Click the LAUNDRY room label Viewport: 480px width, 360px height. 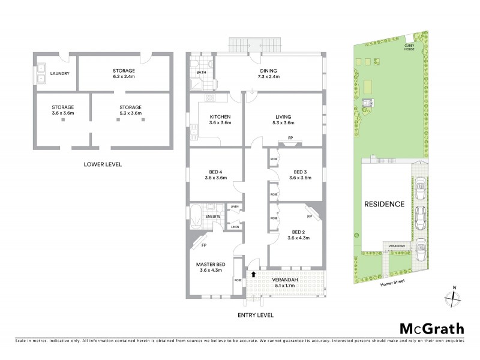coord(60,74)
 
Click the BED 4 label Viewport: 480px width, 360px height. coord(215,171)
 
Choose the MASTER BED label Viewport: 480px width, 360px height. coord(211,264)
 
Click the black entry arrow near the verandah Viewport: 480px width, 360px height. coord(254,274)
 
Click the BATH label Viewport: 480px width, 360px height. coord(202,73)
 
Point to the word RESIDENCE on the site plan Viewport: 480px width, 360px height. coord(384,204)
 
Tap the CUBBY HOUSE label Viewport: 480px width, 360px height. coord(410,46)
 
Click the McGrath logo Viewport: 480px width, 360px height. coord(431,328)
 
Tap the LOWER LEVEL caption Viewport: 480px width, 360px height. coord(103,164)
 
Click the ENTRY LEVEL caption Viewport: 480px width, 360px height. coord(256,314)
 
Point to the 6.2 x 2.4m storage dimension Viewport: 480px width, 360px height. coord(124,77)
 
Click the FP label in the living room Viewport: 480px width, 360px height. coord(290,138)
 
